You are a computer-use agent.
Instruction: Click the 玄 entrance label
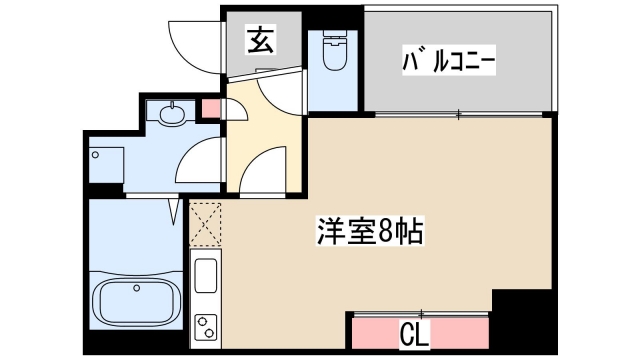click(262, 41)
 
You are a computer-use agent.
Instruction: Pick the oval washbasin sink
click(171, 113)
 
